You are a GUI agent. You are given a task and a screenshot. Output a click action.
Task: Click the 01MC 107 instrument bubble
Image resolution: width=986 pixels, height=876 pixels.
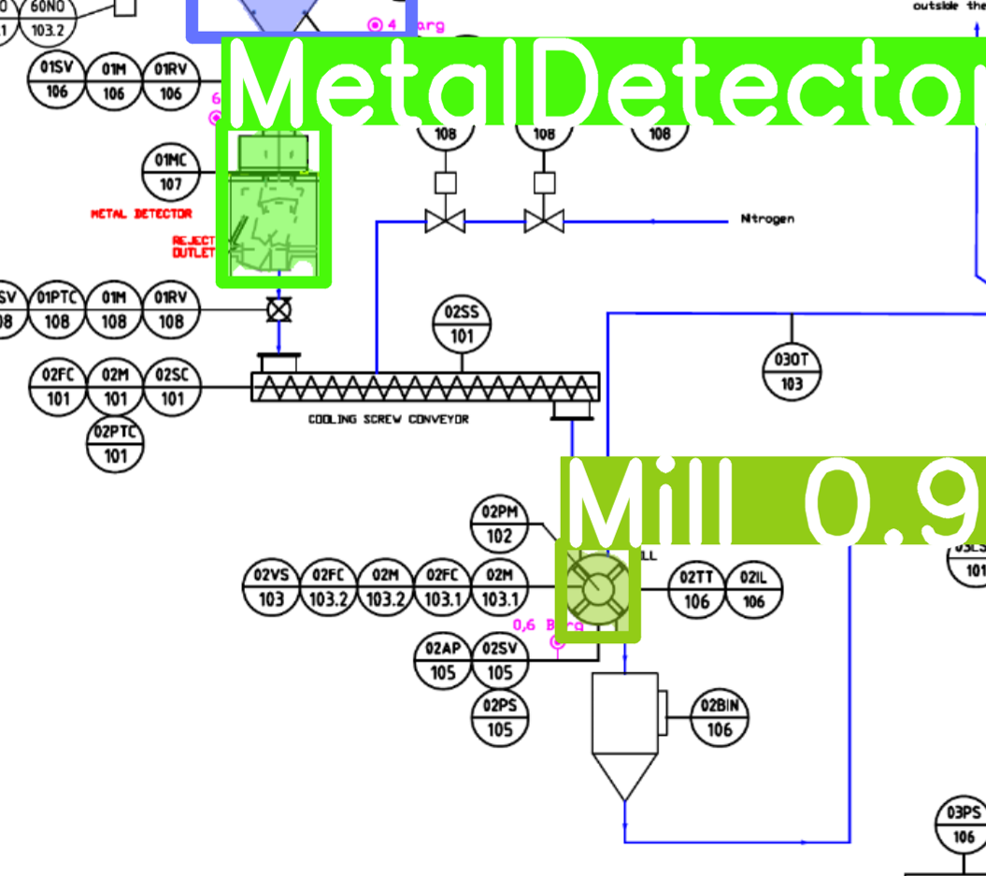(x=171, y=172)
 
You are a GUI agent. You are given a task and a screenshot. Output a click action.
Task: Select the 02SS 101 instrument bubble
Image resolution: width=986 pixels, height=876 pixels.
(x=462, y=324)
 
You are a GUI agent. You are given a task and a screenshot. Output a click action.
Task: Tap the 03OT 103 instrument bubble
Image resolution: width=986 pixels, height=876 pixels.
(x=792, y=371)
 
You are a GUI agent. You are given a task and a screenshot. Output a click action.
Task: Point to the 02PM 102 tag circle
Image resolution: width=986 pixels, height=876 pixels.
(x=500, y=524)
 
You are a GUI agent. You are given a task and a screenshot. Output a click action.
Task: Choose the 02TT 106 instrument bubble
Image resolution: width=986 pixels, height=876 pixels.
(x=697, y=590)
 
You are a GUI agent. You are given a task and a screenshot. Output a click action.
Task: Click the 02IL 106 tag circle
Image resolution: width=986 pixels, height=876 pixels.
(x=753, y=590)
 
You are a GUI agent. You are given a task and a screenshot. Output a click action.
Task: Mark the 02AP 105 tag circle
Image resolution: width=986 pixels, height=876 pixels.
(x=443, y=660)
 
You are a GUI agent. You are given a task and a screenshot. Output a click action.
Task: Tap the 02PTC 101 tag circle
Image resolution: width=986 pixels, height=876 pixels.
(x=115, y=444)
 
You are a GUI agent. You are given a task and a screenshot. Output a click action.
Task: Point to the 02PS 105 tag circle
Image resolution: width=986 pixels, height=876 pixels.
(x=500, y=718)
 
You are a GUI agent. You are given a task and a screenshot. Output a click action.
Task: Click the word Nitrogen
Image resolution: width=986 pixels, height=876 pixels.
(x=767, y=219)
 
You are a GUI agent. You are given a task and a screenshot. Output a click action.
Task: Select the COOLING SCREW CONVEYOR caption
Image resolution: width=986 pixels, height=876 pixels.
(x=389, y=420)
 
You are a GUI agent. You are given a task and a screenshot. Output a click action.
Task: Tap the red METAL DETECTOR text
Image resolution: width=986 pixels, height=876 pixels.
(x=141, y=214)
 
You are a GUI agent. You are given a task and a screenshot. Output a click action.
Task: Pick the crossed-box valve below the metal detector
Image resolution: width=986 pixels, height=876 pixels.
(x=278, y=309)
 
